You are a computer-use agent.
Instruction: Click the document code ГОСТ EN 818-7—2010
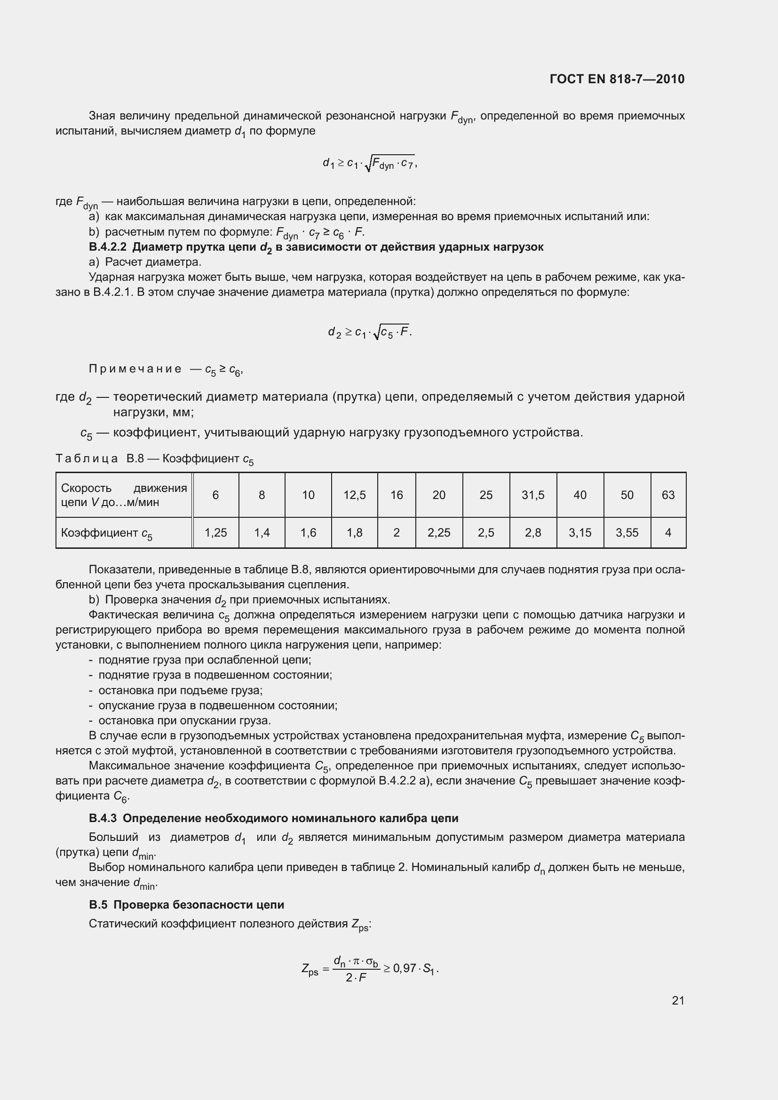[617, 79]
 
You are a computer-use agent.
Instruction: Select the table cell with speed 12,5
[354, 495]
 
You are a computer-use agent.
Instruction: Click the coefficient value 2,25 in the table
[439, 532]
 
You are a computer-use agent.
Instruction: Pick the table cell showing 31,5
[533, 495]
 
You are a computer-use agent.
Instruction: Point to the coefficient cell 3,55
[627, 532]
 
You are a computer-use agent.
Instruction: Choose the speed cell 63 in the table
[668, 495]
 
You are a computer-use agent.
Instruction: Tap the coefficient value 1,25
[215, 532]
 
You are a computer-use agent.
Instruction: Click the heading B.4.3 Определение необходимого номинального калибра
[273, 818]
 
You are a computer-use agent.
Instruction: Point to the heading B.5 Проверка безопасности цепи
[186, 904]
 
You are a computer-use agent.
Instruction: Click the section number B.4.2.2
[108, 247]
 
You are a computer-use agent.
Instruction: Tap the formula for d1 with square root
[370, 164]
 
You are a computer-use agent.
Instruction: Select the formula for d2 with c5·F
[370, 332]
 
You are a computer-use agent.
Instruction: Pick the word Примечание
[135, 368]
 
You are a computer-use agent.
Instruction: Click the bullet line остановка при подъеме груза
[180, 690]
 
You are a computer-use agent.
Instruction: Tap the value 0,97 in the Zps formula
[405, 968]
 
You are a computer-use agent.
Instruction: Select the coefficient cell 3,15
[580, 532]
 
